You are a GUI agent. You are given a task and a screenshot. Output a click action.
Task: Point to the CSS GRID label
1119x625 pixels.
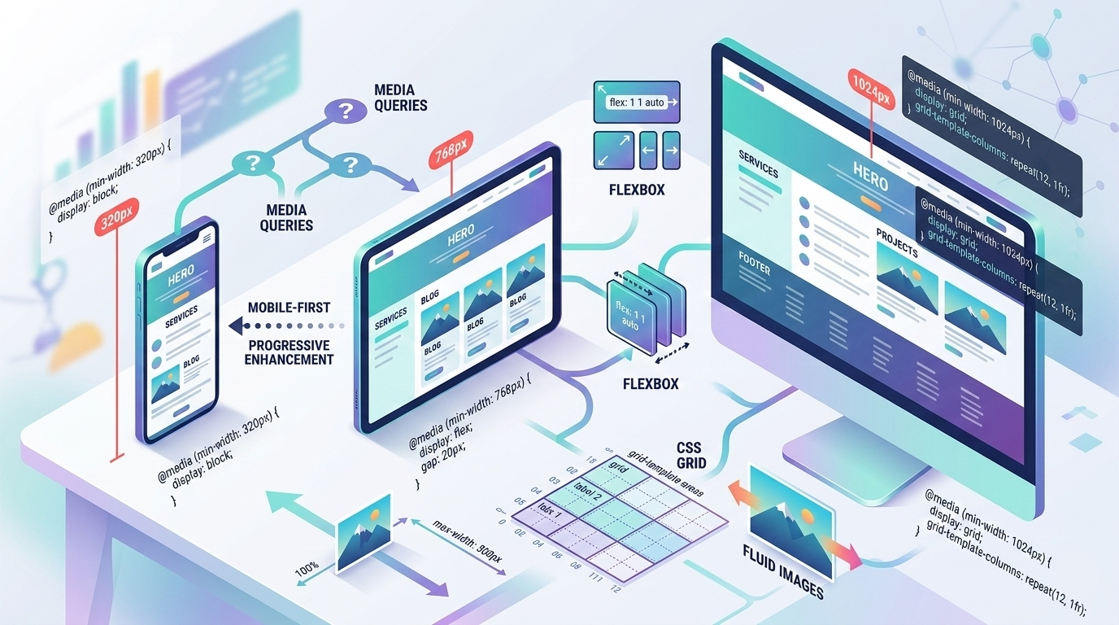(691, 455)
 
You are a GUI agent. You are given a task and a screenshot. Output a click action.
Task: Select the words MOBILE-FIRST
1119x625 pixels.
(290, 308)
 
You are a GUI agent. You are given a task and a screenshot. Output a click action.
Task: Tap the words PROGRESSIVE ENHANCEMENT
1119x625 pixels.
(290, 352)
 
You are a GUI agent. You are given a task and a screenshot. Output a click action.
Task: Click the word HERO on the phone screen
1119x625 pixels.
(181, 278)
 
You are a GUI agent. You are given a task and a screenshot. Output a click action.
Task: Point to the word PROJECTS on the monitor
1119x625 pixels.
(897, 243)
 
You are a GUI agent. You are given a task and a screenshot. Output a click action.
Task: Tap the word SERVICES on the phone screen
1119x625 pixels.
(181, 321)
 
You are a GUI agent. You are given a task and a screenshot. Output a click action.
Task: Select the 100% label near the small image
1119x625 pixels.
(307, 569)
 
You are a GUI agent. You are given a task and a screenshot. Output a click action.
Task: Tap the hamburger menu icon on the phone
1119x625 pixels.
(206, 238)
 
